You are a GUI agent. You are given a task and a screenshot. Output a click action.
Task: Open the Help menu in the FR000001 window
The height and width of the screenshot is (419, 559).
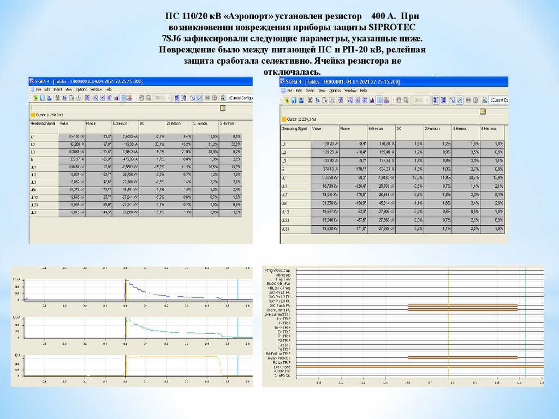(x=364, y=91)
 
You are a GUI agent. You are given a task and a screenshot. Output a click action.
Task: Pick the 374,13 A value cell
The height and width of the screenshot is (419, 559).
(x=323, y=169)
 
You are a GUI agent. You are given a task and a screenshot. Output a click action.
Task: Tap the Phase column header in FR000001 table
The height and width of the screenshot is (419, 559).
(x=345, y=129)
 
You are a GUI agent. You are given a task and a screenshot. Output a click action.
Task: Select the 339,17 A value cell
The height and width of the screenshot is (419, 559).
(x=72, y=159)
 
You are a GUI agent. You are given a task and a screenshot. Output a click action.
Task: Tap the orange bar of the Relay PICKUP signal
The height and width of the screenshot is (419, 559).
(x=462, y=358)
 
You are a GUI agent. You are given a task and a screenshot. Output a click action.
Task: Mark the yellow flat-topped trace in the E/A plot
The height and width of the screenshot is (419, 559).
(x=175, y=356)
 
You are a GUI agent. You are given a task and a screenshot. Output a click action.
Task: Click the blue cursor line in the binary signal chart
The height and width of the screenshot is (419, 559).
(x=525, y=327)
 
